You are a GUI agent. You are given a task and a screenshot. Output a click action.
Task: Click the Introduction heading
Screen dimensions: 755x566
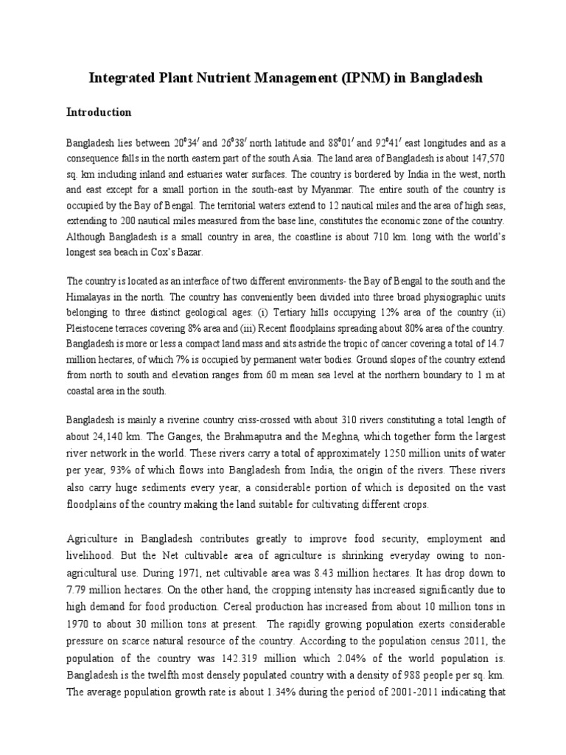click(99, 113)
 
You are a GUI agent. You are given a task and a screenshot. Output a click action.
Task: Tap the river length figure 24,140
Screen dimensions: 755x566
click(110, 434)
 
